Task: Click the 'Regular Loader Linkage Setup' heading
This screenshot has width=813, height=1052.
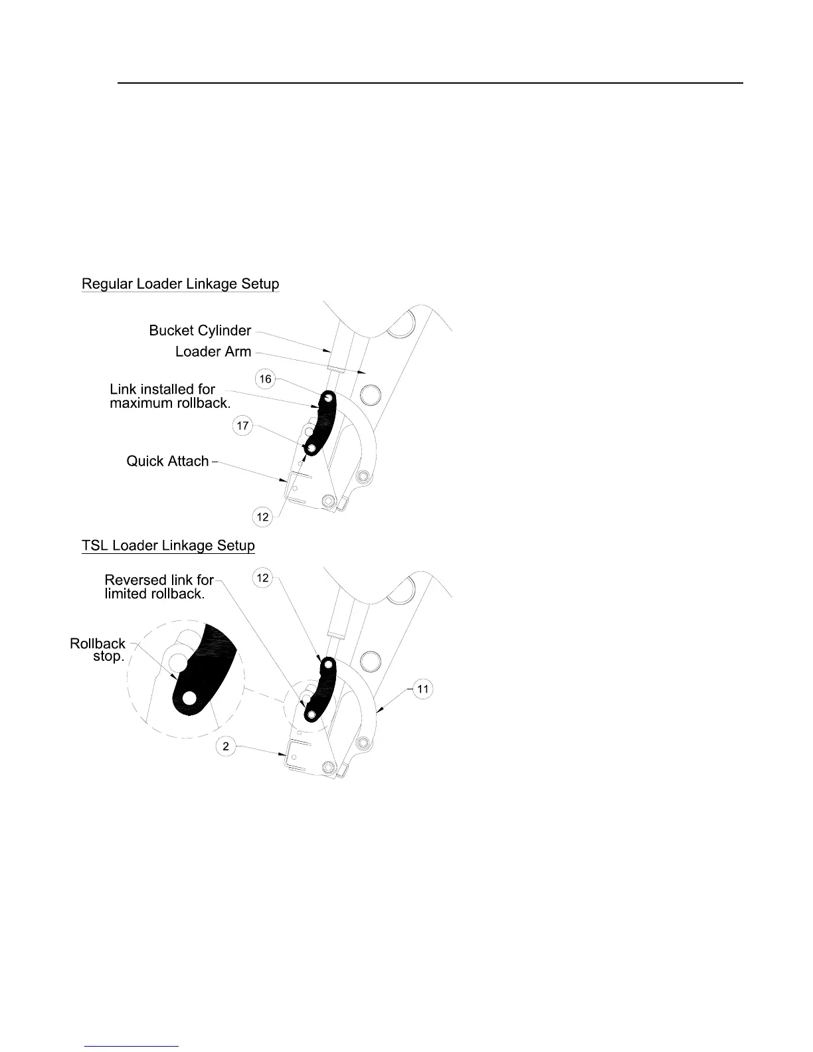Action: point(180,284)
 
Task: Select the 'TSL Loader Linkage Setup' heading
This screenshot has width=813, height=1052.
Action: point(168,546)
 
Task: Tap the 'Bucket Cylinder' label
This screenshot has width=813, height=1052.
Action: point(200,331)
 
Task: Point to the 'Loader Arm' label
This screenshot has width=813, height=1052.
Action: point(213,352)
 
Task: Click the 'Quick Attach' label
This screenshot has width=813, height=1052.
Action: point(167,461)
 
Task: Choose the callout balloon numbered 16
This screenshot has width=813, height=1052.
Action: point(265,379)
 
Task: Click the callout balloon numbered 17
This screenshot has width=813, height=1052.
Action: point(243,426)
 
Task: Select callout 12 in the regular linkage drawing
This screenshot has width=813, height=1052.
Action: point(263,517)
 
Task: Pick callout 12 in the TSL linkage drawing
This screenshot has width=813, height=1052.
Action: point(263,578)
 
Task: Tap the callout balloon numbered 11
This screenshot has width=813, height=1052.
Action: point(423,689)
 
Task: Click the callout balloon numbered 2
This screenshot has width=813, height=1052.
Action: point(226,746)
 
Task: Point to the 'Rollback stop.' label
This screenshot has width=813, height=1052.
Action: point(98,650)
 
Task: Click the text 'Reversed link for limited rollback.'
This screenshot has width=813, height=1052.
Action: point(159,587)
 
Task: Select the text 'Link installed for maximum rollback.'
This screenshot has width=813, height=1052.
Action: point(169,396)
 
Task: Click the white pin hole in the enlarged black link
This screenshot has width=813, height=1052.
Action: point(189,697)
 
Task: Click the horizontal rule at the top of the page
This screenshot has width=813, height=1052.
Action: point(430,83)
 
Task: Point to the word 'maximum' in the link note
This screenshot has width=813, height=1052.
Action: point(141,404)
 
